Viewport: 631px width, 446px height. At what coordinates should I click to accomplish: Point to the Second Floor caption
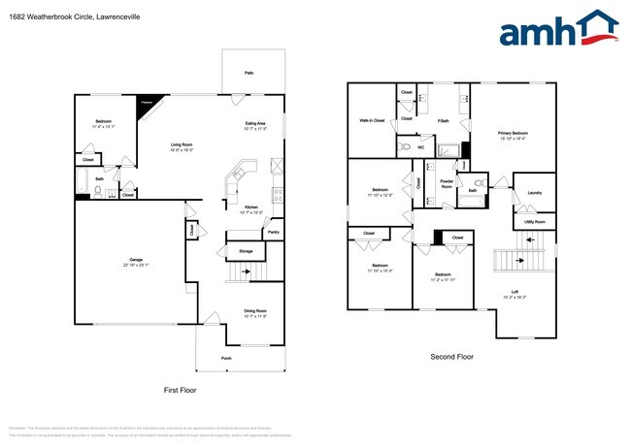[x=451, y=357]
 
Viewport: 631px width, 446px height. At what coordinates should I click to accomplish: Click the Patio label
[x=249, y=73]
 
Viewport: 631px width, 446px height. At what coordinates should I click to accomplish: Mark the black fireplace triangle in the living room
[x=148, y=103]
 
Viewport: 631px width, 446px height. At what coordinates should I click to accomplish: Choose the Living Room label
[x=182, y=144]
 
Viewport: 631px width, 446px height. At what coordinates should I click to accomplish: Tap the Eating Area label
[x=255, y=124]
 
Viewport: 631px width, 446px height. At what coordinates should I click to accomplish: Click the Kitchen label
[x=250, y=207]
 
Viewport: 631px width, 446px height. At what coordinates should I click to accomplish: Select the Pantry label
[x=273, y=233]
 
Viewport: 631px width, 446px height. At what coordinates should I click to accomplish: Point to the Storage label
[x=245, y=251]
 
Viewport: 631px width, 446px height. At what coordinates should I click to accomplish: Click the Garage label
[x=136, y=260]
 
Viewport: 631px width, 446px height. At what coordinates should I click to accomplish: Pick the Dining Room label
[x=255, y=310]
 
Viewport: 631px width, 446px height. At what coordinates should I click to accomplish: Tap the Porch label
[x=225, y=358]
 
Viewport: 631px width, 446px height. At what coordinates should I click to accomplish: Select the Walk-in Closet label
[x=372, y=120]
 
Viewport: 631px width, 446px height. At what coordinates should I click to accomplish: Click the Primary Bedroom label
[x=513, y=132]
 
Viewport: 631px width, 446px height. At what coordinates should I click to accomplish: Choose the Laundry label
[x=534, y=192]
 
